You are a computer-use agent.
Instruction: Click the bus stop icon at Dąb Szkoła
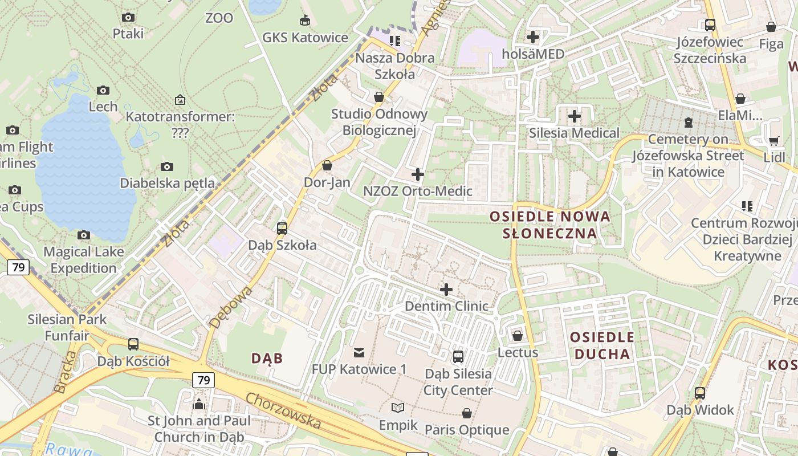282,229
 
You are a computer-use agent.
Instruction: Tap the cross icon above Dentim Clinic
446,290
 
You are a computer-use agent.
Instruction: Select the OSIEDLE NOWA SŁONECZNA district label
550,225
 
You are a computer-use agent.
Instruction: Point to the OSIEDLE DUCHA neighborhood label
602,345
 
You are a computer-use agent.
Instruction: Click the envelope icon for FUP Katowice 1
359,353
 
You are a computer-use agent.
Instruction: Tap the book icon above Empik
398,408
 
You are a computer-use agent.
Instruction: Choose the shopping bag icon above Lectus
518,336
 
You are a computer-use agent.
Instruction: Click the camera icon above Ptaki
128,17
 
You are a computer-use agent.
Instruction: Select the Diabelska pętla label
168,183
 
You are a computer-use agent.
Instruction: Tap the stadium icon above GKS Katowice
305,21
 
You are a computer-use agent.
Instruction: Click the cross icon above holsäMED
533,38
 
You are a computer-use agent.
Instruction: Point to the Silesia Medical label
574,133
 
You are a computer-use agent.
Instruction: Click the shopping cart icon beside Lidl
773,141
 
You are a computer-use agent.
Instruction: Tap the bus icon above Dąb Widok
700,393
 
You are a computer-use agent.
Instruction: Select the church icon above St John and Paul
199,404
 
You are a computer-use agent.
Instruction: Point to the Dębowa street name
230,308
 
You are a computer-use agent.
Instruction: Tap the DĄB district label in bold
267,358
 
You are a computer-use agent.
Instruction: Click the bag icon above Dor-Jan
327,166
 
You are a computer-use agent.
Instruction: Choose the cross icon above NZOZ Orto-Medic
418,174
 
